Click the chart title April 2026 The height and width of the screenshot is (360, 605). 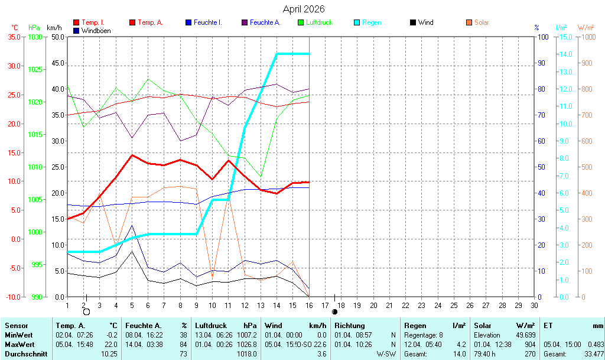click(x=303, y=9)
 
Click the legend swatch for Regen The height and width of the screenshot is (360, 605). click(x=356, y=22)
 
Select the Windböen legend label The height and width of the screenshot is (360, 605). click(x=96, y=30)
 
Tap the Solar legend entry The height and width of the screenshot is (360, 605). click(x=482, y=22)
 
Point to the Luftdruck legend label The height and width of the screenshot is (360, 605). click(x=319, y=22)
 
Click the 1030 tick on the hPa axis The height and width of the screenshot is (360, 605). click(x=35, y=37)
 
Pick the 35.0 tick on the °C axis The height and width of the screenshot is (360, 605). click(x=13, y=37)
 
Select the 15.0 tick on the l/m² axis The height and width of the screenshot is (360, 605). click(x=565, y=37)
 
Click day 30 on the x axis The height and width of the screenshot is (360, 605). click(x=534, y=306)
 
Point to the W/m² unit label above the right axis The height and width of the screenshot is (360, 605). click(x=586, y=27)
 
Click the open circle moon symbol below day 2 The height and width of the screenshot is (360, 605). click(x=86, y=312)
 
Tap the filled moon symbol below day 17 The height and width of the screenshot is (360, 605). click(x=334, y=312)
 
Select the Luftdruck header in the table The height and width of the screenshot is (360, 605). click(x=211, y=326)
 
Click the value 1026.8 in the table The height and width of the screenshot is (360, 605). click(x=248, y=344)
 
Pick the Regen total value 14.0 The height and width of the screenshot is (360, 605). click(x=459, y=353)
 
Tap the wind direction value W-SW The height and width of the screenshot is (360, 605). click(x=386, y=353)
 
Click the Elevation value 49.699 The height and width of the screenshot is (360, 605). click(x=525, y=335)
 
